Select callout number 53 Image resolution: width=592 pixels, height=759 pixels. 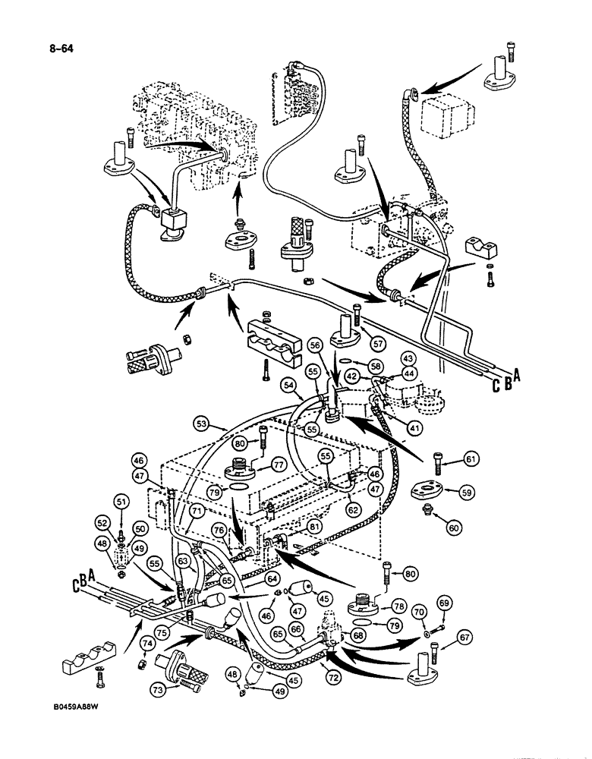coord(200,422)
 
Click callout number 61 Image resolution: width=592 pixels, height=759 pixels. coord(471,458)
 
